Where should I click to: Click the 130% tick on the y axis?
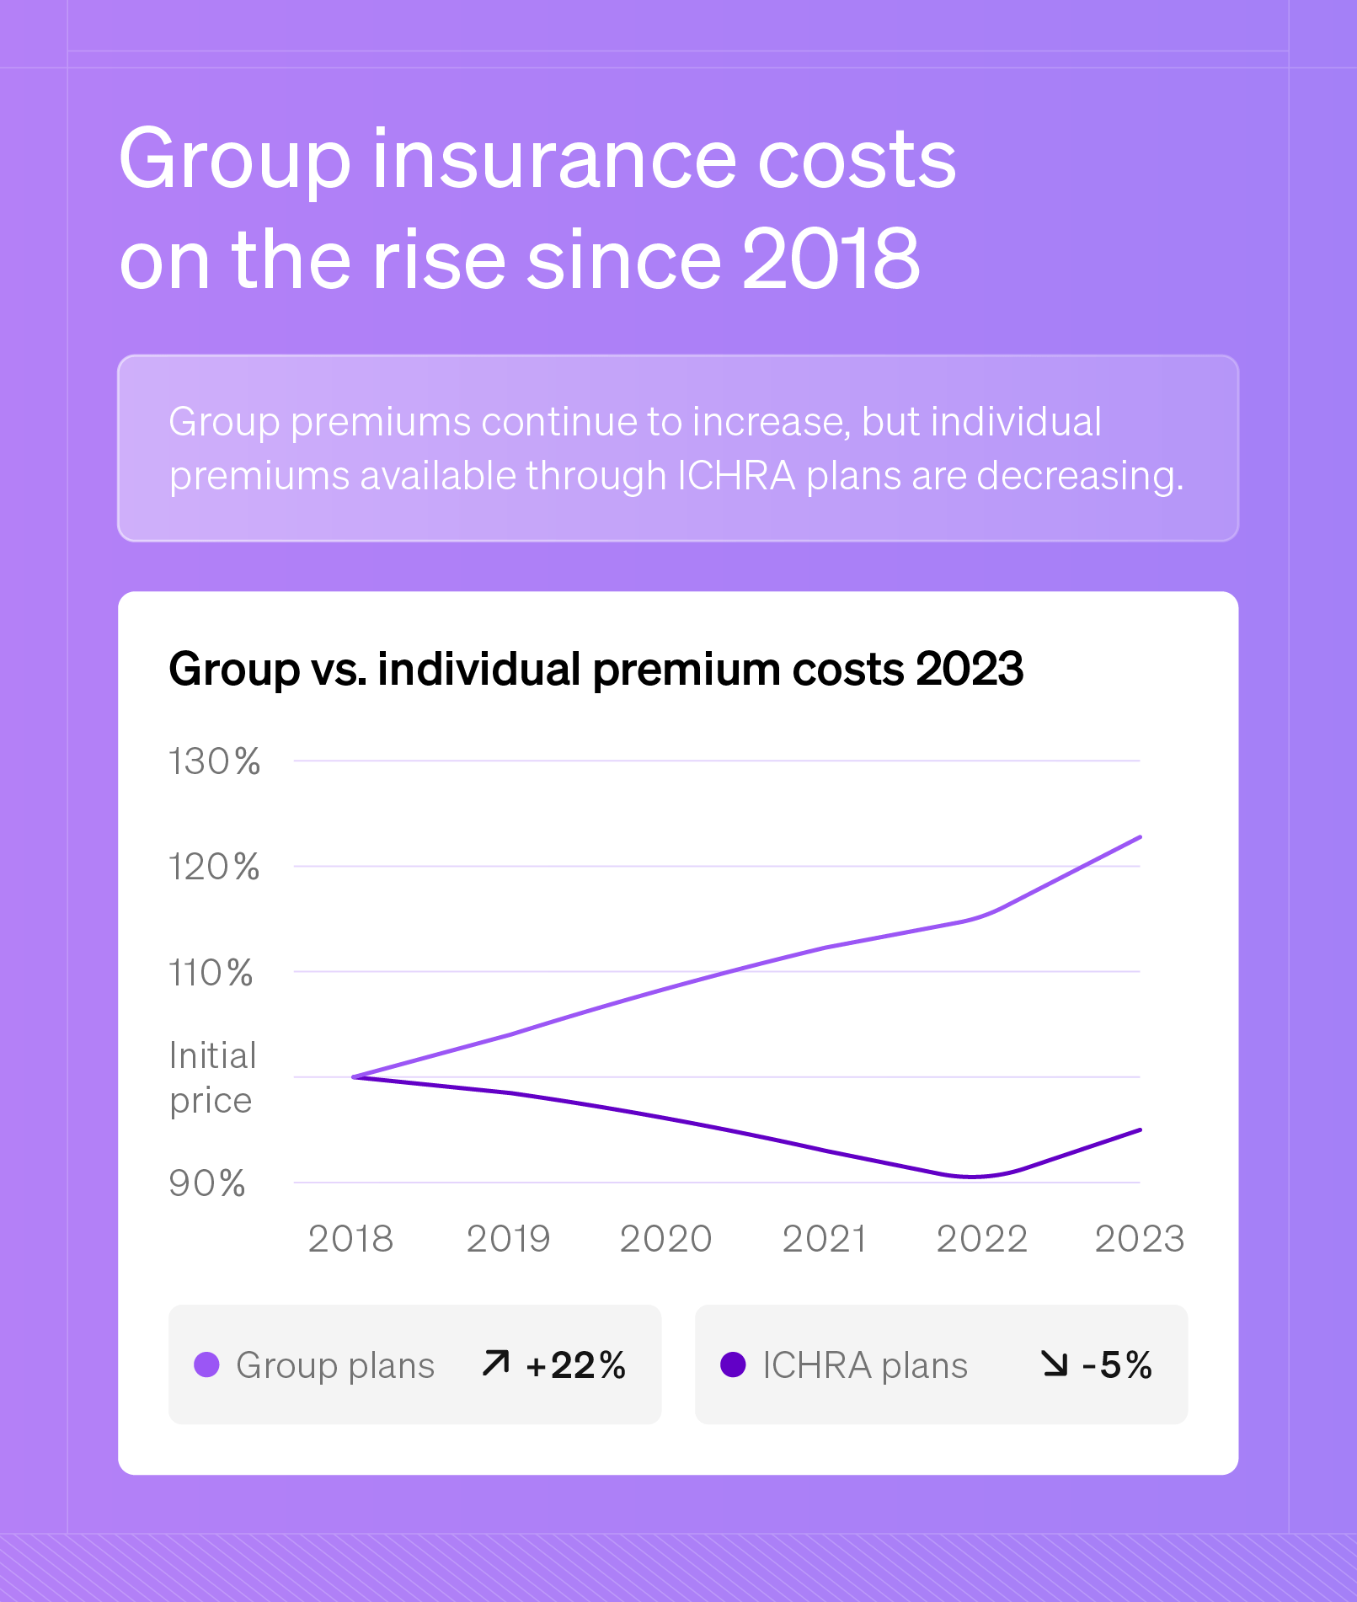[x=214, y=761]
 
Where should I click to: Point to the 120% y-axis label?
[x=214, y=867]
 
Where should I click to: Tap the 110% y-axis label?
[x=211, y=973]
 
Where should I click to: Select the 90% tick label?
[x=207, y=1183]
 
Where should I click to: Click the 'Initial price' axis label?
[x=212, y=1077]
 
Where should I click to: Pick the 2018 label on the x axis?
[x=350, y=1239]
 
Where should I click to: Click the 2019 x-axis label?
[x=508, y=1239]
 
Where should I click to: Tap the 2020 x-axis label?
[x=665, y=1239]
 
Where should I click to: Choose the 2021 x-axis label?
[x=824, y=1239]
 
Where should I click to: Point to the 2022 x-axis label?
[x=981, y=1239]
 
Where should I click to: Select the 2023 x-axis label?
[x=1139, y=1239]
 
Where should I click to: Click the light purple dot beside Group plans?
[x=206, y=1364]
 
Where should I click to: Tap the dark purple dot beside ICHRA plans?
[x=733, y=1364]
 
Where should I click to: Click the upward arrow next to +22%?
[x=496, y=1363]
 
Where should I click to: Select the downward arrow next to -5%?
[x=1054, y=1363]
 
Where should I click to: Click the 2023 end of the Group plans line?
[x=1140, y=837]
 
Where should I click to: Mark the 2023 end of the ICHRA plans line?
[x=1140, y=1130]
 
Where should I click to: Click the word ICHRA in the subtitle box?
[x=736, y=476]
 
